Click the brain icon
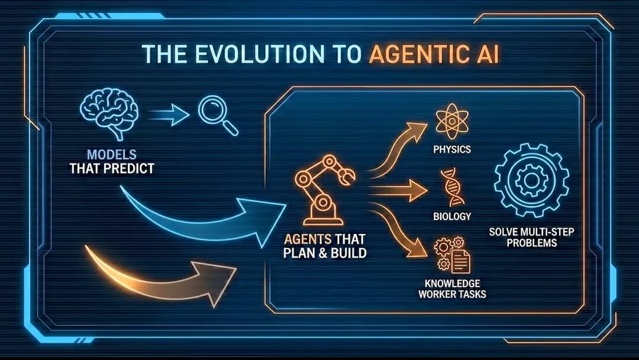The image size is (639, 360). point(109,112)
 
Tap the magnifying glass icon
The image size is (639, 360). point(218,115)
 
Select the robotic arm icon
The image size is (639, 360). point(325,189)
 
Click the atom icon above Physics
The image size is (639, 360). point(452,121)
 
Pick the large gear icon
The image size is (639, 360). point(531,180)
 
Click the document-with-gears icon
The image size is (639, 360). point(453,255)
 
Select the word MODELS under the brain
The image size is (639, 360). point(112,155)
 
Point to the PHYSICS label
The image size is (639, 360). point(452,149)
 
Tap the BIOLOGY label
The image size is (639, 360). point(452,216)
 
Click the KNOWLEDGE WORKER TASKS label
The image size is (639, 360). point(452,289)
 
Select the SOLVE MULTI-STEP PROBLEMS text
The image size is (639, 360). point(531,237)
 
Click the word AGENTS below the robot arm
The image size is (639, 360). point(307,239)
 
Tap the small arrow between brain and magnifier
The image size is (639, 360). point(170,114)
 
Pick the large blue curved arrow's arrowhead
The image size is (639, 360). point(265,222)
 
